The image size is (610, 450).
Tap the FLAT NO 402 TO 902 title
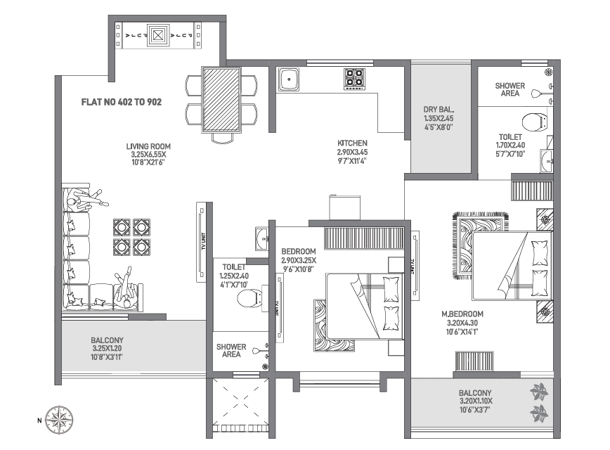pos(121,102)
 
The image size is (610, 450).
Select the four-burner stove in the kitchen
pos(353,79)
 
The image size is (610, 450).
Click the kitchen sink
pos(289,79)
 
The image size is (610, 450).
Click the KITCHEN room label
pos(352,143)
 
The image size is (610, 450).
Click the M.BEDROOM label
pos(462,314)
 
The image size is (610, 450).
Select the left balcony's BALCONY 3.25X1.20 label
pos(105,340)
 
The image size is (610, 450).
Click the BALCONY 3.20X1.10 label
pos(475,393)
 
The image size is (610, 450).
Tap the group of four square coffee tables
pos(132,236)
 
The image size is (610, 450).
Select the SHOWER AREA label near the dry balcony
pos(510,89)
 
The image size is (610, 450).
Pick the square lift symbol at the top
pos(158,34)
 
